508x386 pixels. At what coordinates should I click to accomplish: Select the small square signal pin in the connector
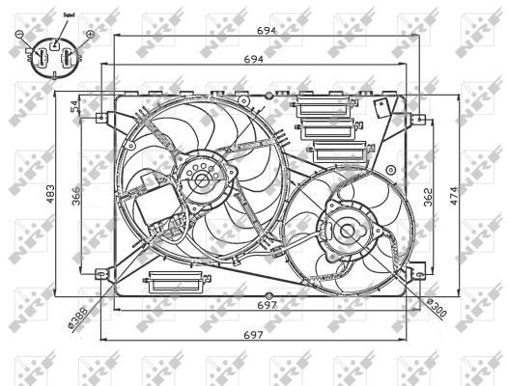pos(55,42)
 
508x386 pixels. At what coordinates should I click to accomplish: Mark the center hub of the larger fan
pos(200,180)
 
